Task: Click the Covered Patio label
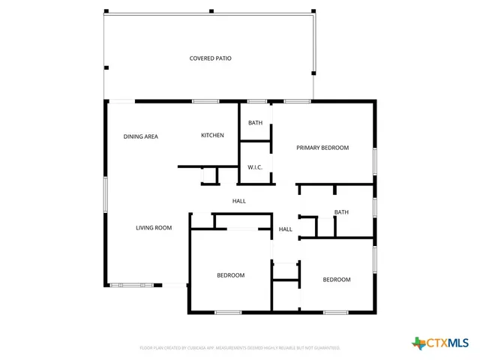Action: (210, 58)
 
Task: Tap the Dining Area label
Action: (140, 136)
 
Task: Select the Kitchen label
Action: (212, 135)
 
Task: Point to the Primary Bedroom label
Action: (322, 148)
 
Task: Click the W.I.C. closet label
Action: (255, 167)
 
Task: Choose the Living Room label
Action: (154, 228)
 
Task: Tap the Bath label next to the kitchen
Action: (256, 122)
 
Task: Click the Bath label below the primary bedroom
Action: (341, 212)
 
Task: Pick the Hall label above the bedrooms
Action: (239, 201)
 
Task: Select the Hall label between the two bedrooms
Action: (286, 229)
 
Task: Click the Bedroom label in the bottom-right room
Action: (337, 280)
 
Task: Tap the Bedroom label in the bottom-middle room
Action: (231, 275)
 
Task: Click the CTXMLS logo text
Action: (447, 343)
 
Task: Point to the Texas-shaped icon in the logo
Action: (418, 343)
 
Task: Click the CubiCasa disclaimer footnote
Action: (240, 348)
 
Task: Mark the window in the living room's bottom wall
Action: (131, 285)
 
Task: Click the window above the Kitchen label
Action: (205, 101)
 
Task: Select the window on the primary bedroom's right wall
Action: (374, 161)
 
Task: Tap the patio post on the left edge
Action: (106, 68)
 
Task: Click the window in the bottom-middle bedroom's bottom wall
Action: (228, 312)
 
